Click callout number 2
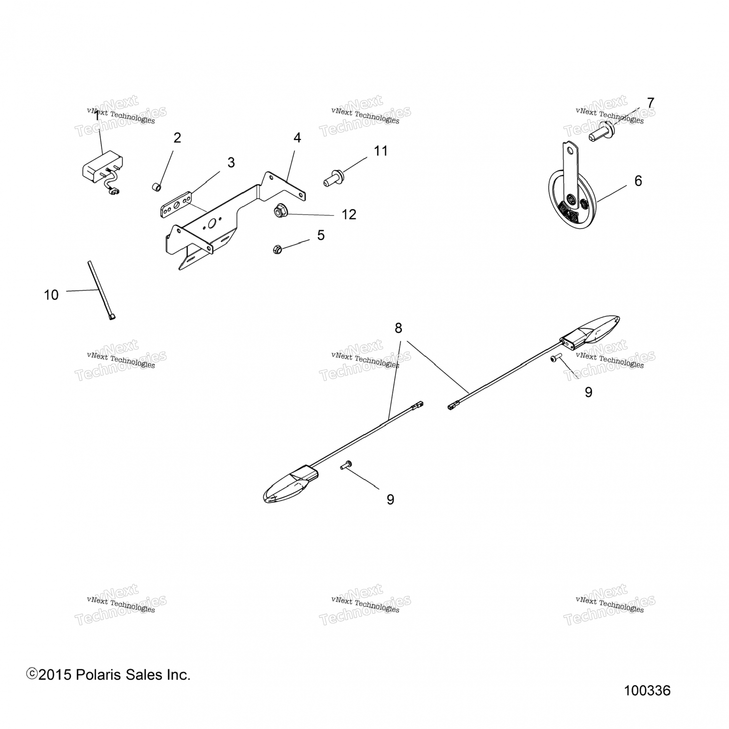[x=177, y=138]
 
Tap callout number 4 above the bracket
[x=297, y=138]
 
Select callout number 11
[x=381, y=151]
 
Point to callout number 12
[x=348, y=214]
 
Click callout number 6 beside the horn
[x=638, y=181]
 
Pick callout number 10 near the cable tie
[x=51, y=295]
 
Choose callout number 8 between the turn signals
[x=399, y=329]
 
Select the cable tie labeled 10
[x=101, y=290]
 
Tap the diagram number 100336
[x=647, y=691]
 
